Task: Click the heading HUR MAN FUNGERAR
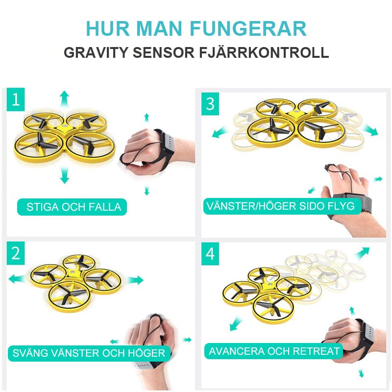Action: tap(196, 28)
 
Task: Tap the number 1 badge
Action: tap(16, 100)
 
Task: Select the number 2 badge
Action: tap(16, 253)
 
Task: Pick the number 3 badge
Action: tap(210, 104)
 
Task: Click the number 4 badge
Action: tap(210, 254)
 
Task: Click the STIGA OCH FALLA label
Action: tap(73, 207)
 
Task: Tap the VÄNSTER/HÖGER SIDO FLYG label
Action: tap(280, 206)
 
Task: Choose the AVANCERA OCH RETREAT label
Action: tap(274, 351)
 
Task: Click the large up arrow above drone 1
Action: tap(64, 98)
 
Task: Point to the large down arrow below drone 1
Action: tap(64, 175)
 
